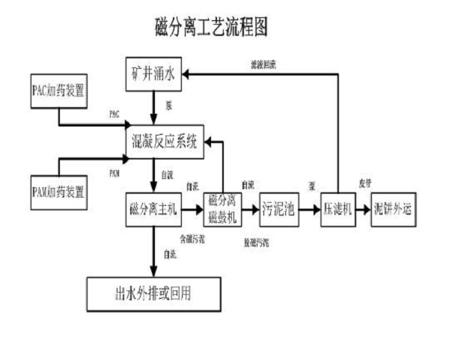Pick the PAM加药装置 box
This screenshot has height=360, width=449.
click(x=57, y=192)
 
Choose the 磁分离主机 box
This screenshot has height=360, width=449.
click(x=153, y=210)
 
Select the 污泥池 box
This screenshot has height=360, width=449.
click(x=279, y=210)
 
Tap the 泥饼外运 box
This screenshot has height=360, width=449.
click(x=394, y=210)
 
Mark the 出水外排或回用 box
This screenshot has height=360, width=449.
click(x=153, y=293)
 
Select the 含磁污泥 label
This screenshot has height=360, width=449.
click(x=192, y=239)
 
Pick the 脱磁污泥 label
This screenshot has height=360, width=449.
click(x=256, y=242)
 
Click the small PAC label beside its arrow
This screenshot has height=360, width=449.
click(x=114, y=115)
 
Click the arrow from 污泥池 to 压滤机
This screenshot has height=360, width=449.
click(x=310, y=210)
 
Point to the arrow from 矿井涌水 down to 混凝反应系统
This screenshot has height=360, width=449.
click(x=153, y=108)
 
